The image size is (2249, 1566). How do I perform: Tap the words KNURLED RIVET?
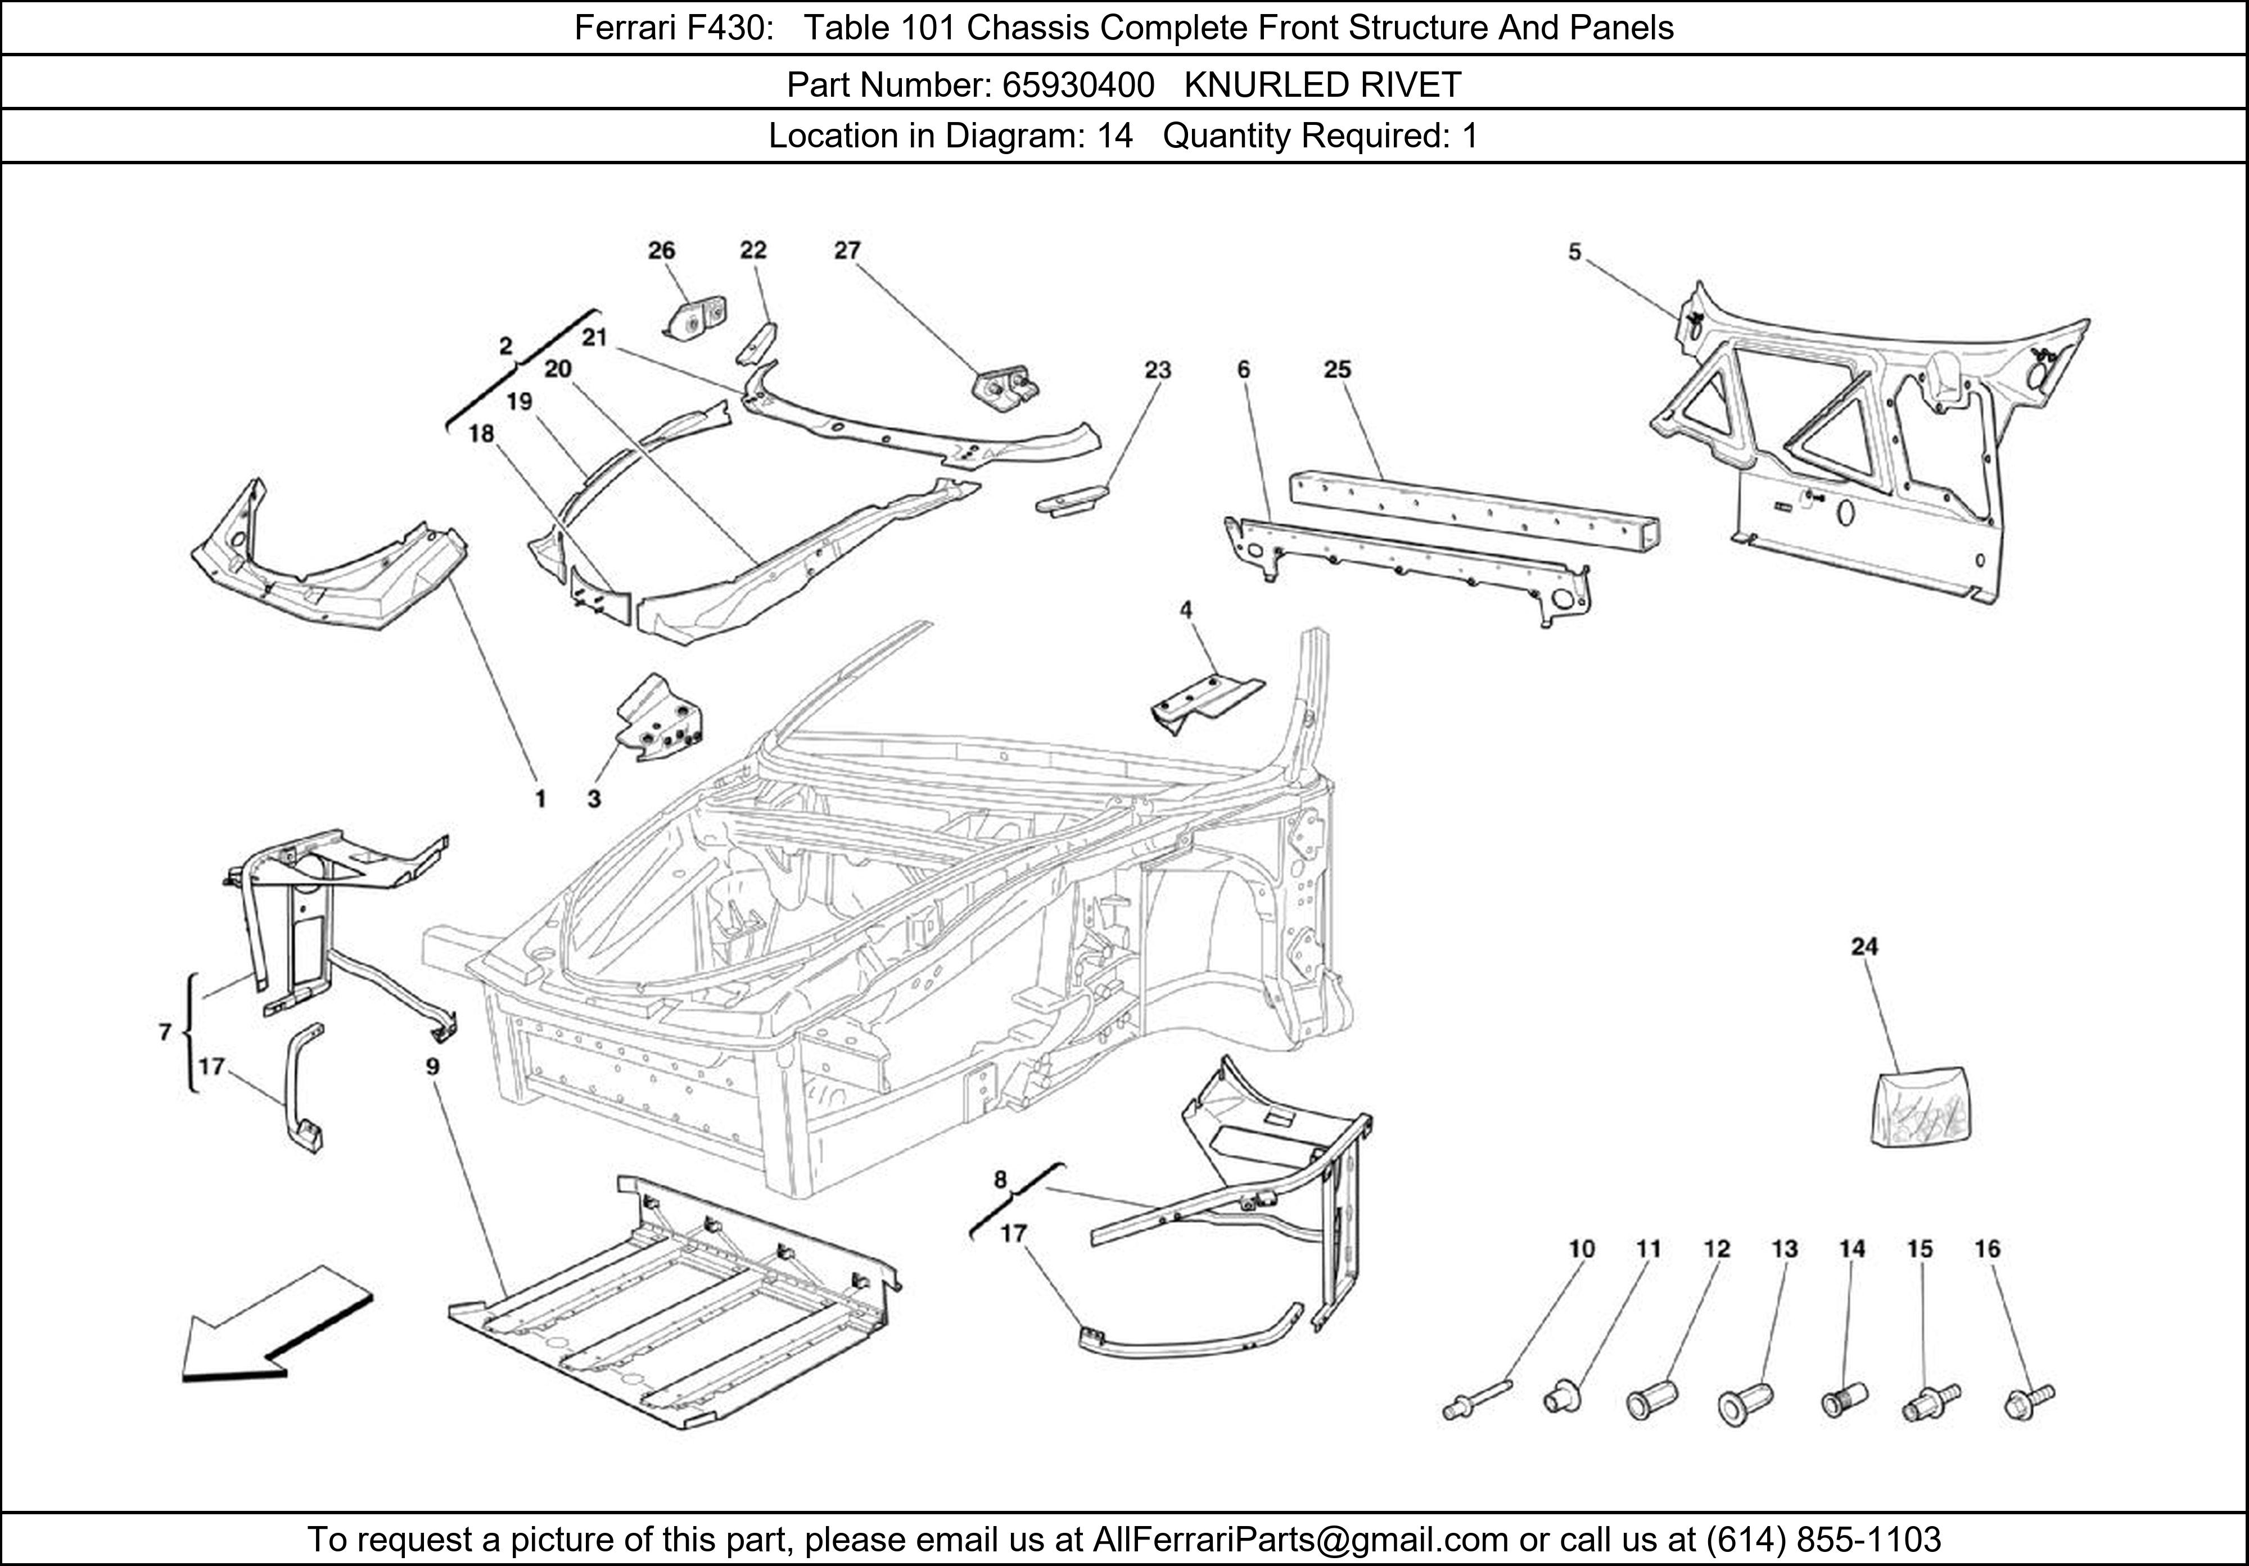tap(1322, 86)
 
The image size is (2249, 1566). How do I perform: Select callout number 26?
tap(661, 251)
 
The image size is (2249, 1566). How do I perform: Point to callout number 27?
tap(847, 251)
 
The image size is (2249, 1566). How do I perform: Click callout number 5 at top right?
tap(1574, 253)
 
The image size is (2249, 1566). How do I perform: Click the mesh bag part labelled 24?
tap(1922, 1108)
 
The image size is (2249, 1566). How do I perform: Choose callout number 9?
tap(432, 1066)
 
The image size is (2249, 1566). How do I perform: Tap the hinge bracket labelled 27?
tap(1006, 388)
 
